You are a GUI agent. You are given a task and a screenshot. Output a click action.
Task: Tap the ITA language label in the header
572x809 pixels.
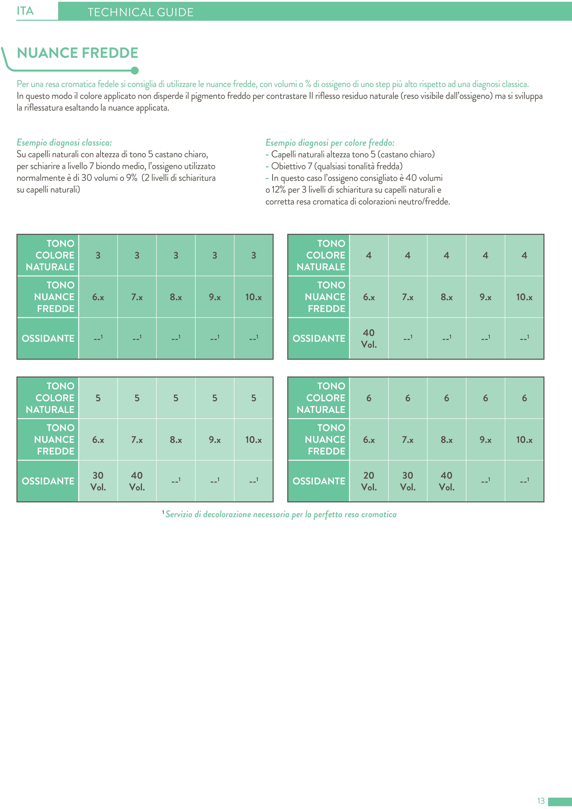click(25, 11)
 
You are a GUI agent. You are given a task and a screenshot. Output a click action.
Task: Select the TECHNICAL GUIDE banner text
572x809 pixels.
click(140, 12)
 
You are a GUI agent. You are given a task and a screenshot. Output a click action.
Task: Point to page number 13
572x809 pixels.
click(541, 801)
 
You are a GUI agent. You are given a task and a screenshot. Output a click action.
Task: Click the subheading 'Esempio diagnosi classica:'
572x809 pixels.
click(64, 142)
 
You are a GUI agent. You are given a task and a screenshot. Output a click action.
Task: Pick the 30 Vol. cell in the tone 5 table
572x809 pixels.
click(98, 481)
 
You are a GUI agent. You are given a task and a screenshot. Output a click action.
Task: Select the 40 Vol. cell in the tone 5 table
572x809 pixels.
click(137, 481)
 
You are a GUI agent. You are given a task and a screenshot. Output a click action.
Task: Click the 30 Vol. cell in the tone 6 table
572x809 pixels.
click(408, 481)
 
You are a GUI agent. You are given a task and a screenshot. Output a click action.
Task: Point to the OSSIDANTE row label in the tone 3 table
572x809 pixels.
click(48, 338)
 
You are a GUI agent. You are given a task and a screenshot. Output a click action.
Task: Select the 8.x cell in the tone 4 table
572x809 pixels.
click(446, 297)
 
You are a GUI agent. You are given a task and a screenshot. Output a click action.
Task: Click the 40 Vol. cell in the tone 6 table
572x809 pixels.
click(446, 481)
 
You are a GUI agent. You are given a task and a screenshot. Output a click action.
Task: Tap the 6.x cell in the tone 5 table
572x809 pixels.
click(98, 439)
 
